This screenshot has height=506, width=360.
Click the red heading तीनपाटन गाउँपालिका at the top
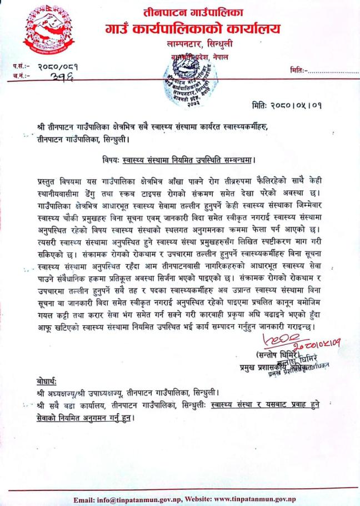point(193,12)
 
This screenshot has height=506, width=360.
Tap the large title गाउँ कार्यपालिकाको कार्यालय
point(193,28)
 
